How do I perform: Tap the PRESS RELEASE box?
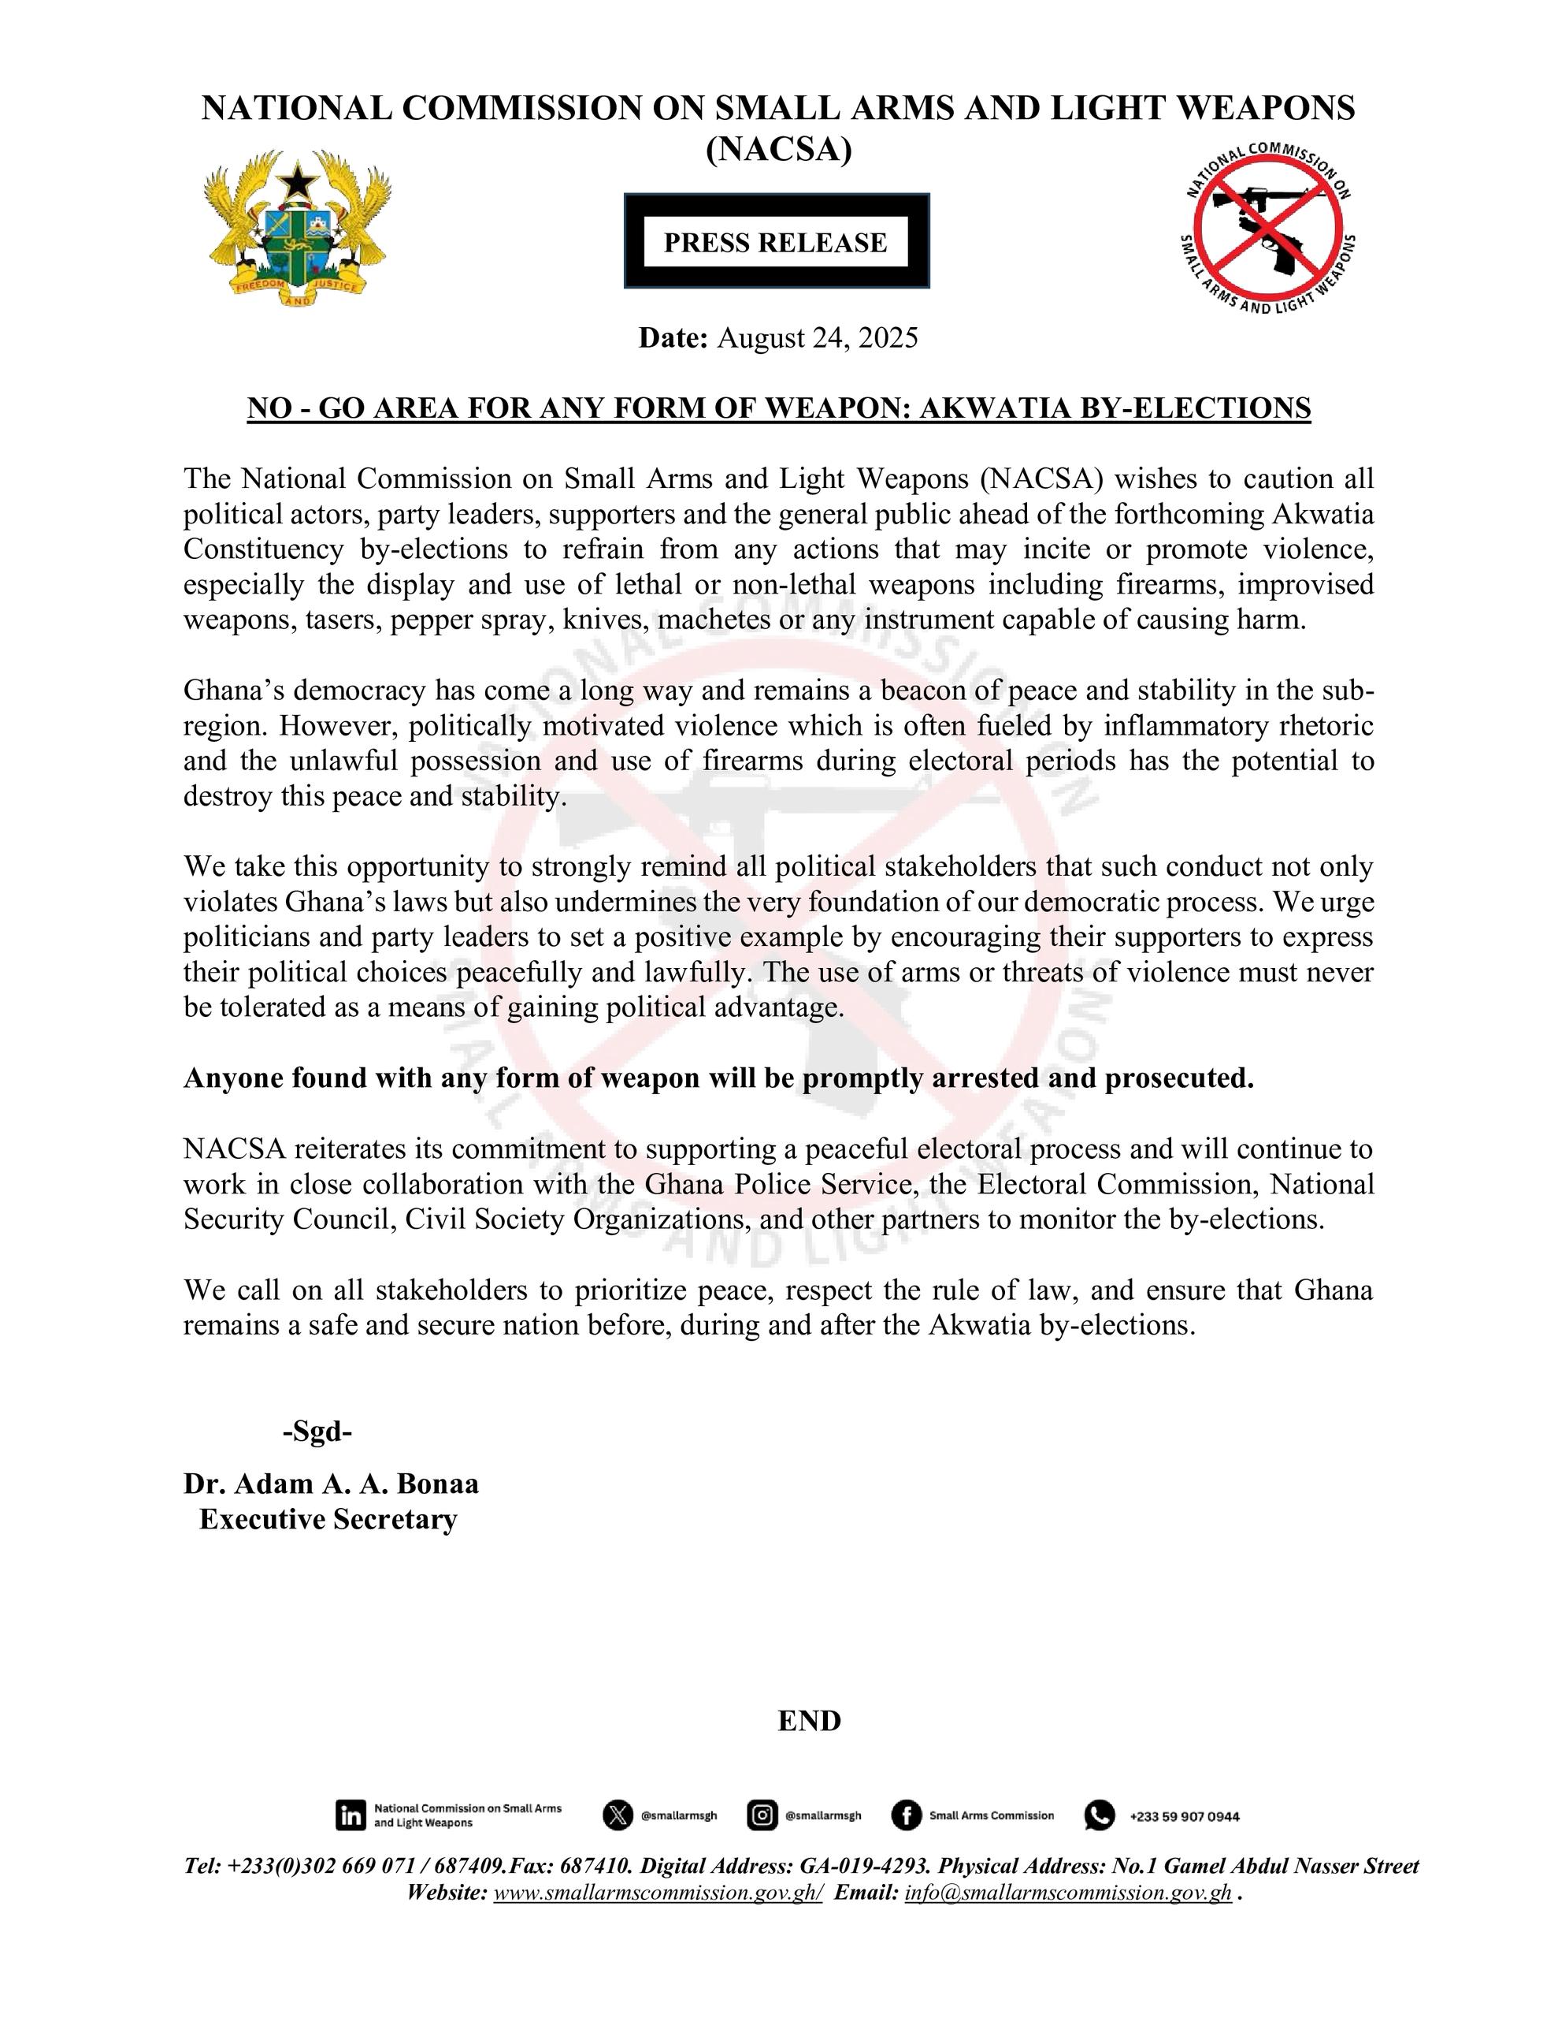(x=776, y=242)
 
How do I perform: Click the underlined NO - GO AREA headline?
(x=778, y=408)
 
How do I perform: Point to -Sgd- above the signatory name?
(x=317, y=1432)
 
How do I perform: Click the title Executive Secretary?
(x=328, y=1520)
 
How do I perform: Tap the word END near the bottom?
(x=809, y=1722)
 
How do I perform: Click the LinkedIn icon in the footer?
(x=351, y=1815)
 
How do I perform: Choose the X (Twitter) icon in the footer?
(x=617, y=1815)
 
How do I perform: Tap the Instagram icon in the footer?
(x=761, y=1815)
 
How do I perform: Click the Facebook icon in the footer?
(x=906, y=1815)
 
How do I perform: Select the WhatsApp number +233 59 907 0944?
(x=1184, y=1816)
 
